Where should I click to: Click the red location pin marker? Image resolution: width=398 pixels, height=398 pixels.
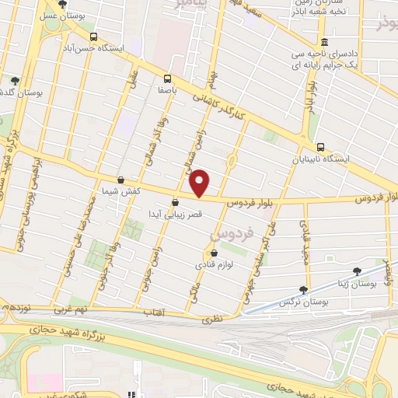[201, 183]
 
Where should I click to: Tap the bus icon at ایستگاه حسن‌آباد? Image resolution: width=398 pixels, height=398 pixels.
[94, 37]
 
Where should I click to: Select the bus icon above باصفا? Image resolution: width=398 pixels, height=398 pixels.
[167, 78]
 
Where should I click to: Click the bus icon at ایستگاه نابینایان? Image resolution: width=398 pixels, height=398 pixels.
[320, 147]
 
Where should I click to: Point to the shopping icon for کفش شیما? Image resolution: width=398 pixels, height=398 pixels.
[120, 180]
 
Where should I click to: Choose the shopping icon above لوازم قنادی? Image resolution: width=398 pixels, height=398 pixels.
[214, 253]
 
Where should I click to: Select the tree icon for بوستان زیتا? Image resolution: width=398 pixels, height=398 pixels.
[357, 271]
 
